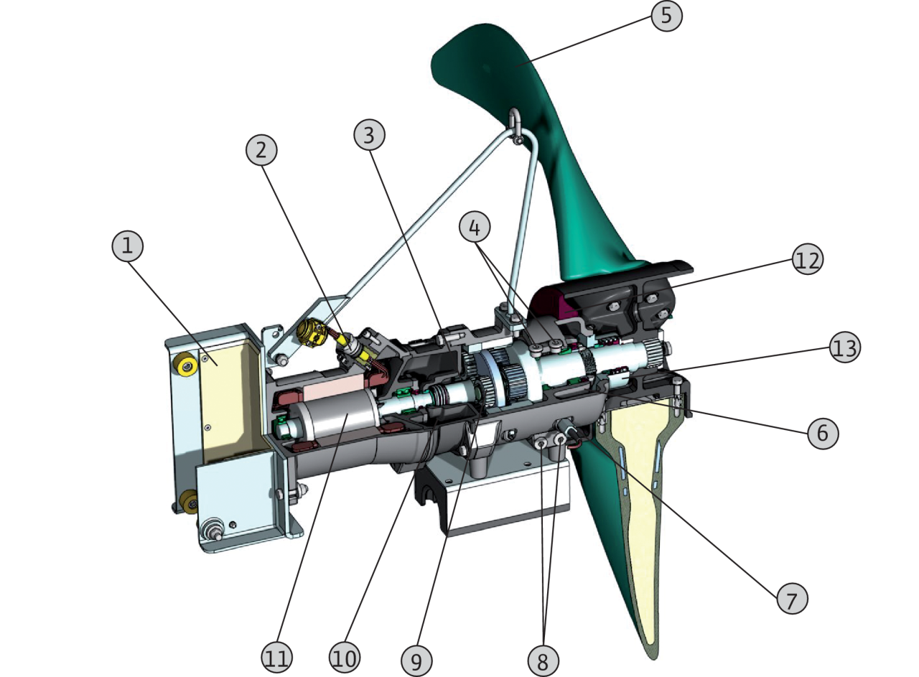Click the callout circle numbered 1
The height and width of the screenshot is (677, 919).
coord(128,246)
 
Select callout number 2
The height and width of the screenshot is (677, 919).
coord(261,150)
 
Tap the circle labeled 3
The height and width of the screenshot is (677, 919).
coord(369,134)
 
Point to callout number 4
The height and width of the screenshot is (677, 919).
coord(475,227)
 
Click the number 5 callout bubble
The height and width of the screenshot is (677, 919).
coord(667,16)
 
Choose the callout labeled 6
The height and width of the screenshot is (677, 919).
coord(823,434)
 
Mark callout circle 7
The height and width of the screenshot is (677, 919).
coord(792,599)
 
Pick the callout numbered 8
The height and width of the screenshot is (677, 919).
coord(543,660)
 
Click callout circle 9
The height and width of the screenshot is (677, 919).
coord(416,660)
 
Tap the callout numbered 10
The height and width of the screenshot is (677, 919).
coord(345,658)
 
